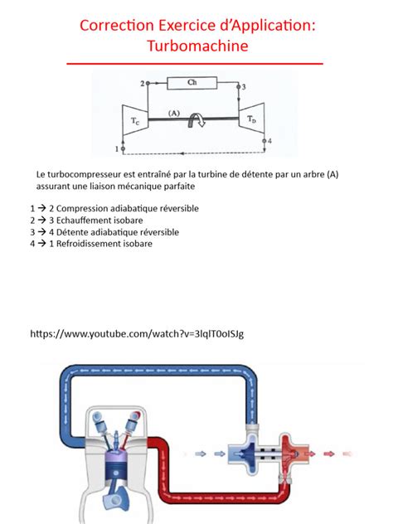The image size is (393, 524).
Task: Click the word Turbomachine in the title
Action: pyautogui.click(x=196, y=46)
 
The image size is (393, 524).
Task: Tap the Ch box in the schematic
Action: pyautogui.click(x=192, y=83)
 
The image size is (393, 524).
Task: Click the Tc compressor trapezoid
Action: pyautogui.click(x=134, y=119)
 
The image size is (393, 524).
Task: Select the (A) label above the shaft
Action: pyautogui.click(x=173, y=112)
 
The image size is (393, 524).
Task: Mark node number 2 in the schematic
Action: pyautogui.click(x=142, y=84)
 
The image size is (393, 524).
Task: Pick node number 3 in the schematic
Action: pyautogui.click(x=243, y=86)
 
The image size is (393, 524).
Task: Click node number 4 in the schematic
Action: pyautogui.click(x=269, y=141)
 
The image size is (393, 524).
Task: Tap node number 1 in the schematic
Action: pyautogui.click(x=116, y=149)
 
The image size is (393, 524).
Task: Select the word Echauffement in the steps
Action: pyautogui.click(x=91, y=221)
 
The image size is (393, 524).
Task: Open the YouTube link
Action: pyautogui.click(x=137, y=333)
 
